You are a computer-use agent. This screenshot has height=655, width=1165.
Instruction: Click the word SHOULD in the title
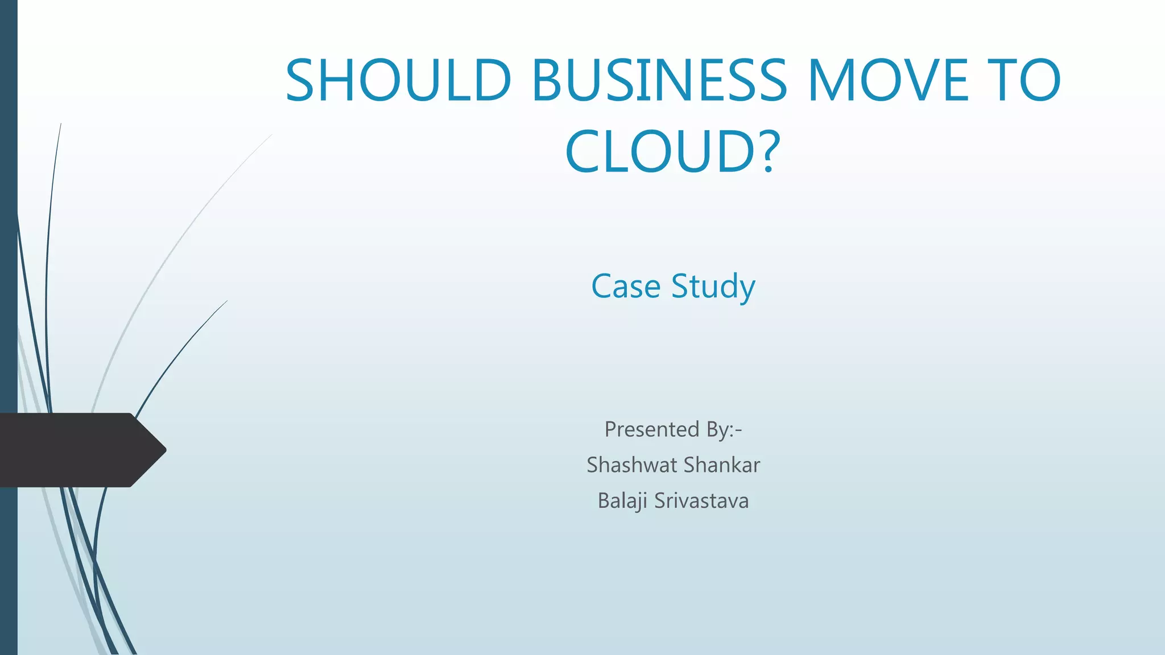(398, 80)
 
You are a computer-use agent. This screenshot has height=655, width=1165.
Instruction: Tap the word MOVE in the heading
(888, 80)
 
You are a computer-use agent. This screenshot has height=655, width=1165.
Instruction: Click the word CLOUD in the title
(660, 152)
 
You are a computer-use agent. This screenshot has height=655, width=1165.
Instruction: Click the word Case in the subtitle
(625, 286)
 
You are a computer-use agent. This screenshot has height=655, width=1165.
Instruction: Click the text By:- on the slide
(724, 429)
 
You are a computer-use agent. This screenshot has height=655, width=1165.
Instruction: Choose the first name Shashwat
(631, 465)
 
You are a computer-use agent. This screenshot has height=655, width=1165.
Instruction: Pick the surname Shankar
(722, 465)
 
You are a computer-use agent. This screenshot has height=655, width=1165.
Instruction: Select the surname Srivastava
(701, 501)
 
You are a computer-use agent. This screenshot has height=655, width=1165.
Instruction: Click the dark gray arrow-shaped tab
(74, 450)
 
